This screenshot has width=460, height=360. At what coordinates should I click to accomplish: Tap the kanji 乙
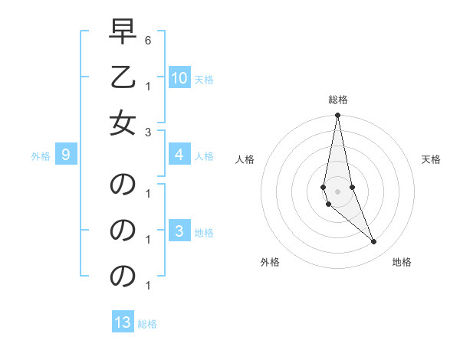coord(123,78)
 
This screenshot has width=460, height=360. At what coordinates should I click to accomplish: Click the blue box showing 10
coord(179,77)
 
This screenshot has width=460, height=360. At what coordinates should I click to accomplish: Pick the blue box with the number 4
coord(179,155)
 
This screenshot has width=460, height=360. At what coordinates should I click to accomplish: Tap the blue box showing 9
coord(66,155)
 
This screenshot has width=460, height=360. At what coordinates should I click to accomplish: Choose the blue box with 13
coord(123,322)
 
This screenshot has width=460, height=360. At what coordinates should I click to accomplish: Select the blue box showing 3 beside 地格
coord(179,232)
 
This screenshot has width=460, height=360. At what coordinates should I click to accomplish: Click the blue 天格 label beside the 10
coord(204,79)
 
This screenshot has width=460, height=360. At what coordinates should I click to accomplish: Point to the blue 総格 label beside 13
coord(147,324)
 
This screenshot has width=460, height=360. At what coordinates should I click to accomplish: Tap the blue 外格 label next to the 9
coord(41,156)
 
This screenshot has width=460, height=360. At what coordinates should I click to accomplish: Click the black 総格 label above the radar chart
coord(337,100)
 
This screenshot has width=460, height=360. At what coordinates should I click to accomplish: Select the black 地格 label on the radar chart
coord(402,262)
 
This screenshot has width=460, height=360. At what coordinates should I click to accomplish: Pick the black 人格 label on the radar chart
coord(245,159)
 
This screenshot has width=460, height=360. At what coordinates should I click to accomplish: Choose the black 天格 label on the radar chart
coord(431,159)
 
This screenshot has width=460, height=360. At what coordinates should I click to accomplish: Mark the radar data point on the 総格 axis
coord(337,116)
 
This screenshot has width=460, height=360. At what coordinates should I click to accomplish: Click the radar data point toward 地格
coord(373,242)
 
